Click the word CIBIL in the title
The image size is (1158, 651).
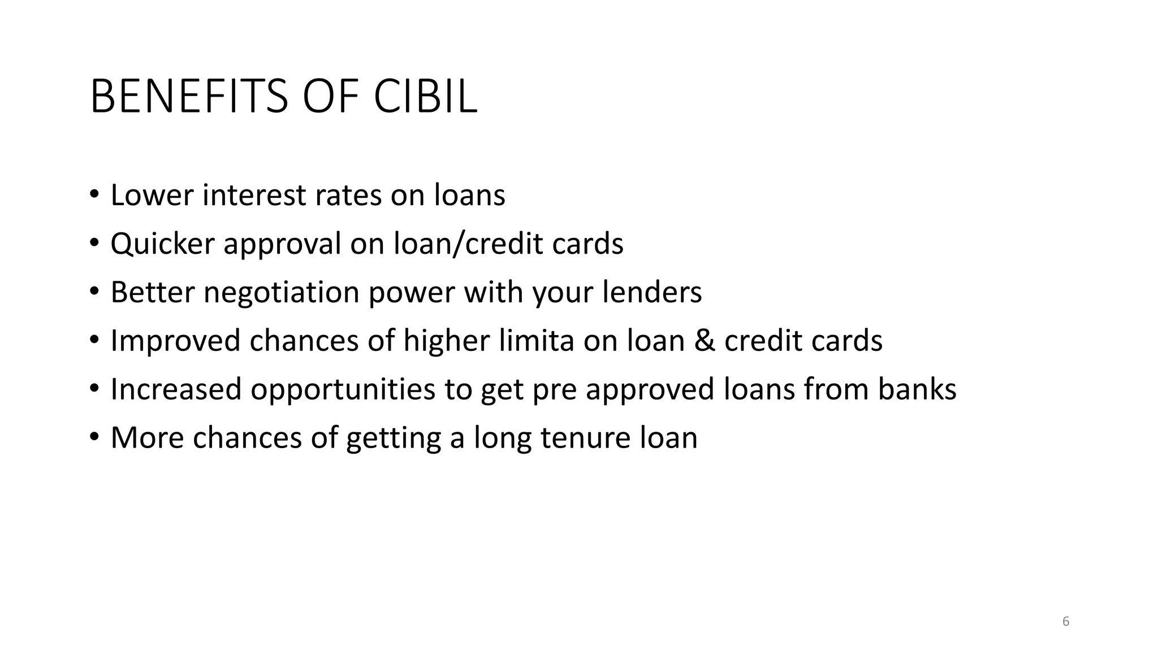pos(425,97)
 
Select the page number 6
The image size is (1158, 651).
pos(1066,622)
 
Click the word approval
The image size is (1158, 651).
pos(282,245)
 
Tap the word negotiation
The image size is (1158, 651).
pos(282,293)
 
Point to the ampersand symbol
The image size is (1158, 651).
pos(705,341)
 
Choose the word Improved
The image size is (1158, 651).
pos(175,342)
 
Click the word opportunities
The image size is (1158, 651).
pos(343,390)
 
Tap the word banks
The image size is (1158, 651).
pos(917,389)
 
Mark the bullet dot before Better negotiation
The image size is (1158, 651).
pos(94,292)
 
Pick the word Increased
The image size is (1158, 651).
pos(176,389)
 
